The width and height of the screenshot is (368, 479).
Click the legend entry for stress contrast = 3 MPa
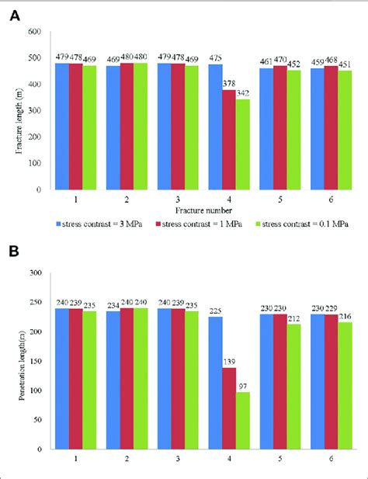(102, 222)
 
